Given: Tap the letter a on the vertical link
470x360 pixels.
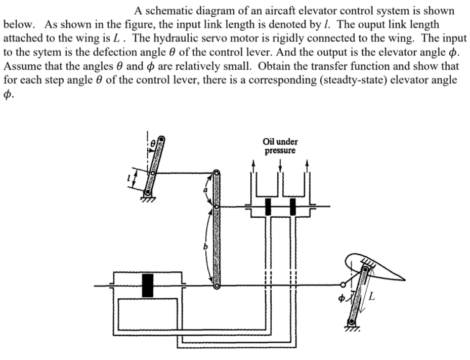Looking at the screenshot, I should (x=205, y=190).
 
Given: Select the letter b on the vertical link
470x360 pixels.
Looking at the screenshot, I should (x=205, y=247).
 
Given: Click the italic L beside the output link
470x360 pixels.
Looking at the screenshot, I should (x=372, y=297).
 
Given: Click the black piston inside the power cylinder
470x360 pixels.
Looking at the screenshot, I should (x=148, y=286).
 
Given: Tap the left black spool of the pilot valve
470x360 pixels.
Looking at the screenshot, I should (x=269, y=206).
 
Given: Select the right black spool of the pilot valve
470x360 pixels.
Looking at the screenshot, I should (x=293, y=206).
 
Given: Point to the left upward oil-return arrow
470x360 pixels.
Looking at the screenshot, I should (x=254, y=166).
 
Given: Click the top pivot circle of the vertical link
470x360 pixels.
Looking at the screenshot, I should (x=217, y=173).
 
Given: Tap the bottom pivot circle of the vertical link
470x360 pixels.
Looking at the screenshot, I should (x=217, y=286).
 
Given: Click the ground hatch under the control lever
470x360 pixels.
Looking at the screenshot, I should (x=147, y=199).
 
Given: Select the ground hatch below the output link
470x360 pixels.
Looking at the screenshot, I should (x=352, y=329).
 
